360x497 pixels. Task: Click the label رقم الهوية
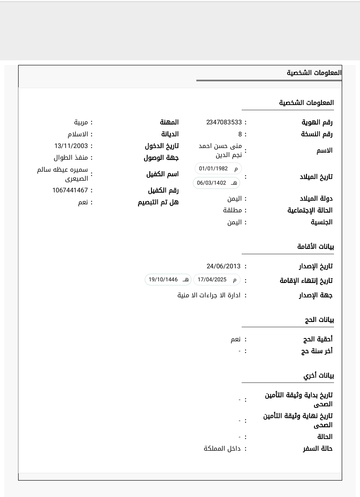317,122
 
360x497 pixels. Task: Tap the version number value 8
240,134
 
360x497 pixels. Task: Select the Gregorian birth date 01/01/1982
213,168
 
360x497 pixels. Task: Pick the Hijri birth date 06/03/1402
211,183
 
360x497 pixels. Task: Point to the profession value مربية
81,122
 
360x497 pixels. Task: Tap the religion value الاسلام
78,134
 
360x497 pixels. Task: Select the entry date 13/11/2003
71,146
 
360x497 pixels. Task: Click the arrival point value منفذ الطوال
71,158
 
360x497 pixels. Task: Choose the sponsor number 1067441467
70,190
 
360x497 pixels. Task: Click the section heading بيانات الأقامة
315,247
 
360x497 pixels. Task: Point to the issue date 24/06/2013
223,266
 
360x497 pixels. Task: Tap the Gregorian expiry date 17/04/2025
212,279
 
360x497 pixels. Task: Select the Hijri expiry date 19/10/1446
163,279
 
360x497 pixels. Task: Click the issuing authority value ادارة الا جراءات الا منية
209,295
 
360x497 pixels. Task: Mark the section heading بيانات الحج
319,320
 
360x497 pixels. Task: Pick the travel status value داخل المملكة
222,449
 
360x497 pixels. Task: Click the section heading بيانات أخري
318,376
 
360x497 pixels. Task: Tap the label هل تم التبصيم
158,202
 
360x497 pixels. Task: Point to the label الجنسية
322,222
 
